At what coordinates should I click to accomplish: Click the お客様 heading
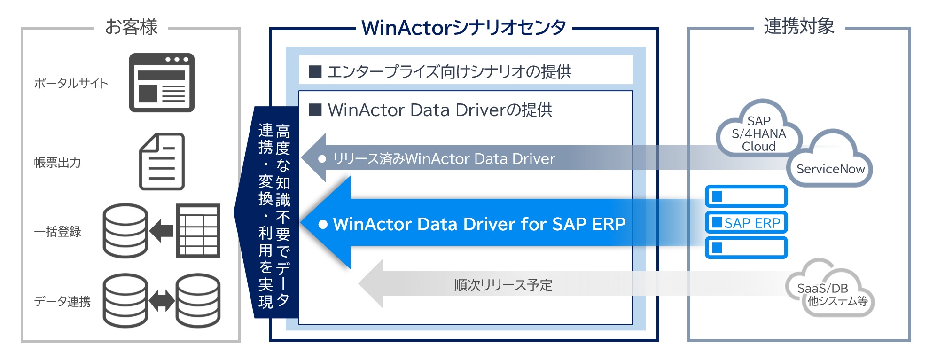[131, 27]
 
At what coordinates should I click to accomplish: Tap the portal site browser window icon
[162, 83]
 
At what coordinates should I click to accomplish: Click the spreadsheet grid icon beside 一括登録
[198, 231]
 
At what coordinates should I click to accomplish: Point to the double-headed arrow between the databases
[162, 301]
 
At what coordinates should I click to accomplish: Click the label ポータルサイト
[71, 84]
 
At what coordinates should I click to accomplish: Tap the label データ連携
[62, 301]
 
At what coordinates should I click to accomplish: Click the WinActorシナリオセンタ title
[463, 28]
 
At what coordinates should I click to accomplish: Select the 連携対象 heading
[798, 26]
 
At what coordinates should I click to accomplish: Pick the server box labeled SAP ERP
[746, 223]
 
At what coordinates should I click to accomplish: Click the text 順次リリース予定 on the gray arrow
[503, 285]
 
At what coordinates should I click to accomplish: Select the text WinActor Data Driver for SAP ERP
[479, 224]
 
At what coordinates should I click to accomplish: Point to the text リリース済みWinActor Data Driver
[444, 159]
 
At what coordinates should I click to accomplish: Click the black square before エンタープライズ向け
[315, 72]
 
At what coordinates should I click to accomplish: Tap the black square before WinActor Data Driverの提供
[315, 110]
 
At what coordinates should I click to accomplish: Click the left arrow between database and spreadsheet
[161, 231]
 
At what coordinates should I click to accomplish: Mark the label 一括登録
[57, 232]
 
